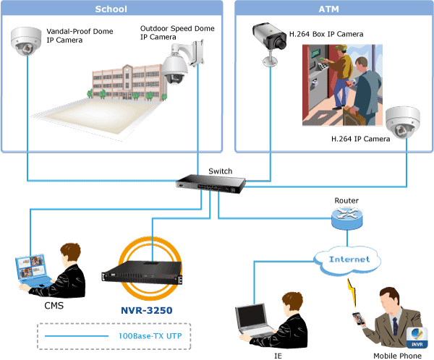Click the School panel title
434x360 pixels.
click(111, 9)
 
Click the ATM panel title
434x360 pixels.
click(328, 9)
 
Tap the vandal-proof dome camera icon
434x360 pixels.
click(26, 41)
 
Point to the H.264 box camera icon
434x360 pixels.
click(269, 44)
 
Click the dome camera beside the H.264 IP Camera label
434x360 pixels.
click(403, 122)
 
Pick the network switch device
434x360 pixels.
click(211, 184)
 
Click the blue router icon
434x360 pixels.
click(347, 218)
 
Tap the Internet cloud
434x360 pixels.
click(348, 260)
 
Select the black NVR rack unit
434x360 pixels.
click(142, 273)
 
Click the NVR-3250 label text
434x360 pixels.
click(147, 310)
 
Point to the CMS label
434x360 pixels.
click(54, 306)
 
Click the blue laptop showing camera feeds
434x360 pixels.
click(34, 272)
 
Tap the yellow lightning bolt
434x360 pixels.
click(352, 292)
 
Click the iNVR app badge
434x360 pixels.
click(417, 338)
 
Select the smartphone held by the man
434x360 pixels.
click(359, 319)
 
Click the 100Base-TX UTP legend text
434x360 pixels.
click(150, 336)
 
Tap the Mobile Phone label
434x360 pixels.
click(397, 356)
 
